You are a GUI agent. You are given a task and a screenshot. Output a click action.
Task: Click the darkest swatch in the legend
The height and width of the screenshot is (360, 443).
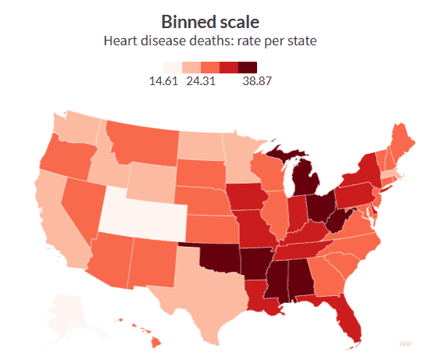point(248,67)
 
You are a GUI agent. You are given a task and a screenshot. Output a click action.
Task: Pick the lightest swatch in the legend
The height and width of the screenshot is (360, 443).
point(173,67)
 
